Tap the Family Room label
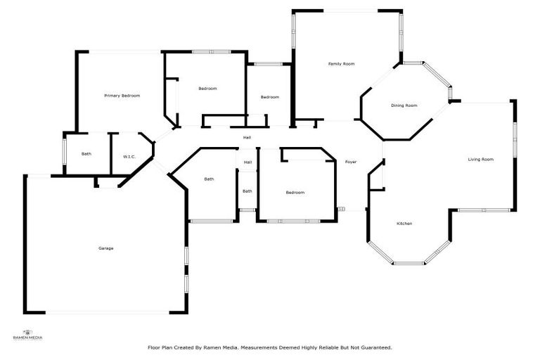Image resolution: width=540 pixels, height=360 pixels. pos(341,64)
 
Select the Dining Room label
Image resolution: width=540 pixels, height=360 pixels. pos(404,105)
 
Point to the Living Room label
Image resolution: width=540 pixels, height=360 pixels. pos(481,160)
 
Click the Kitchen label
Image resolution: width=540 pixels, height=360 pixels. pos(404,224)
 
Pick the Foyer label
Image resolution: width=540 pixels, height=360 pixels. pos(350,162)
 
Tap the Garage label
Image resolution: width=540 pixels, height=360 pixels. pos(106,248)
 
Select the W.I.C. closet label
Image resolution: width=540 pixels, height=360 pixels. pos(129,157)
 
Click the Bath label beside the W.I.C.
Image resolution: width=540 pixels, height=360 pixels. pos(86,154)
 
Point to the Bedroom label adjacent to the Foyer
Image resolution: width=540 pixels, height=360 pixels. pos(295,193)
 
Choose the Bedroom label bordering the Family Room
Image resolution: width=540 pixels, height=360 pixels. pos(270,97)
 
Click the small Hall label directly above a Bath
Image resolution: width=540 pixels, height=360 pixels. pos(247,163)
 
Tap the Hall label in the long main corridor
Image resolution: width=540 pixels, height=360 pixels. pos(247,138)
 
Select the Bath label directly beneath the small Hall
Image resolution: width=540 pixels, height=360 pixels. pos(247,191)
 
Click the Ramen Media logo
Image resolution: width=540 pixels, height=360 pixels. pos(28,334)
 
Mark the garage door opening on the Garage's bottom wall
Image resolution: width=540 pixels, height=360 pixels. pos(106,312)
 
